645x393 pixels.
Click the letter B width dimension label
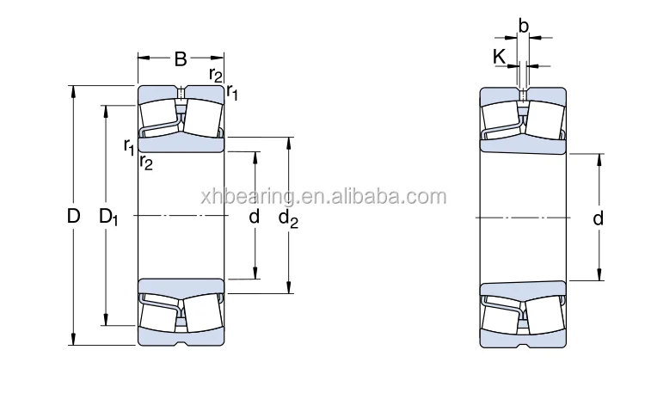[181, 59]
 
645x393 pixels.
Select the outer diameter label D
[74, 217]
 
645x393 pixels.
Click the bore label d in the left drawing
[254, 217]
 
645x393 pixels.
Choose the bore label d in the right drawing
[598, 218]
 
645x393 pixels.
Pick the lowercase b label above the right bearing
[523, 26]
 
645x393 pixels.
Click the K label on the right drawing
[500, 58]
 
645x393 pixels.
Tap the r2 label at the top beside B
[215, 75]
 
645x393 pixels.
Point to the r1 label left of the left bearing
[129, 144]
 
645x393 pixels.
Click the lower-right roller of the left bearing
[202, 315]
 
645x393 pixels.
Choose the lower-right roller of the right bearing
[543, 315]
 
